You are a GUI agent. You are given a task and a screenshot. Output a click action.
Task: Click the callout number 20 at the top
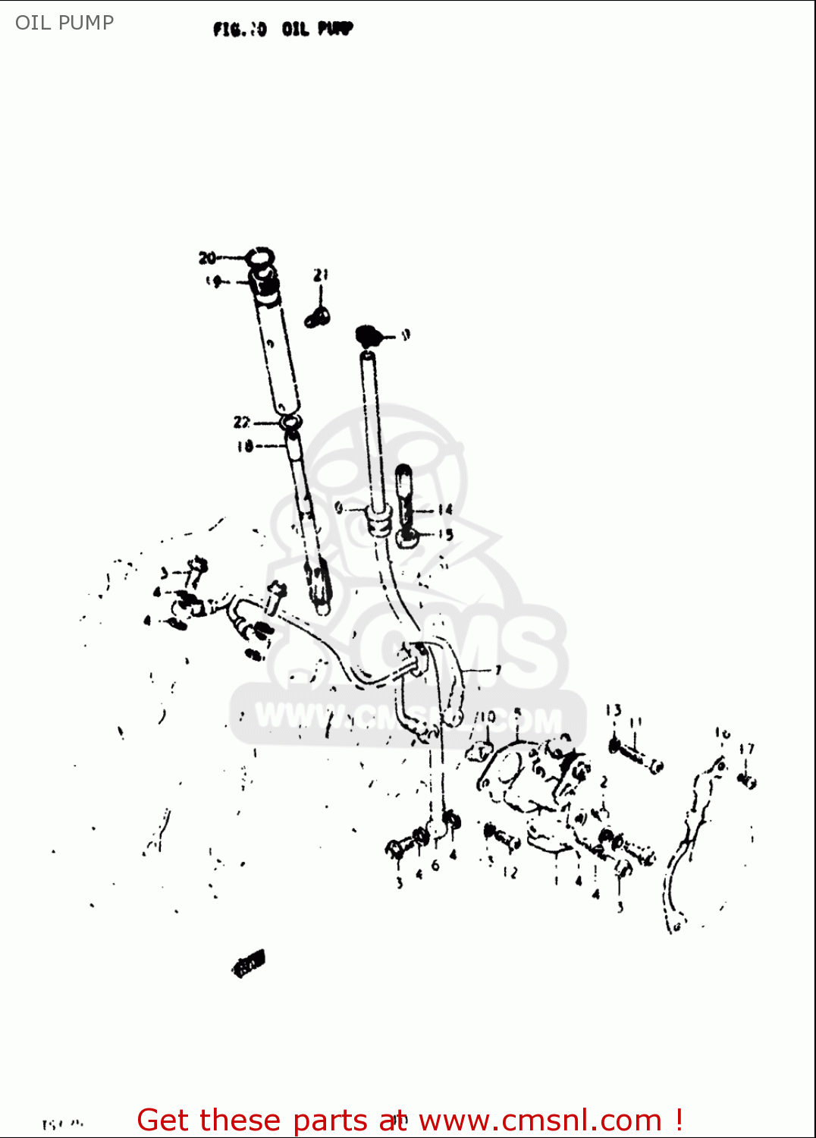[207, 258]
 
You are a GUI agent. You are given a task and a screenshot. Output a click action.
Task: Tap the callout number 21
[321, 275]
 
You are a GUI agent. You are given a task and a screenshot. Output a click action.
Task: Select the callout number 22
[242, 422]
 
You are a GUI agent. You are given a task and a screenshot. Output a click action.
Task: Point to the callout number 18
[244, 446]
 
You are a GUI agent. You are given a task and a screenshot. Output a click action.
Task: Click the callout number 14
[444, 510]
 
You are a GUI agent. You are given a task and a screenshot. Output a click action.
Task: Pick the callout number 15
[445, 534]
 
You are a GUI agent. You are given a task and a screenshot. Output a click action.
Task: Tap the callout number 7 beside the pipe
[497, 670]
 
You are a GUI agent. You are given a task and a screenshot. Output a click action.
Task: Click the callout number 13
[613, 710]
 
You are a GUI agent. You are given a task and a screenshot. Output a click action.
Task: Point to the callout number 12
[510, 872]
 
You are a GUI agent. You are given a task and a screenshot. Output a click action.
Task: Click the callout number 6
[435, 865]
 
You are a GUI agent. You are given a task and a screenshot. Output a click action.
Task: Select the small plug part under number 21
[317, 316]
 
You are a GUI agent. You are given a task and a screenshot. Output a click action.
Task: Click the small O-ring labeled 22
[289, 422]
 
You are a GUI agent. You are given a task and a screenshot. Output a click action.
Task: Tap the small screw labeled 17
[748, 779]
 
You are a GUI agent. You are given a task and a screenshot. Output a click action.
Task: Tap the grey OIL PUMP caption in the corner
[64, 23]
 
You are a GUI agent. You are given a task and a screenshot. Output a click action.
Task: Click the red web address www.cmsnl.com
[540, 1120]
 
